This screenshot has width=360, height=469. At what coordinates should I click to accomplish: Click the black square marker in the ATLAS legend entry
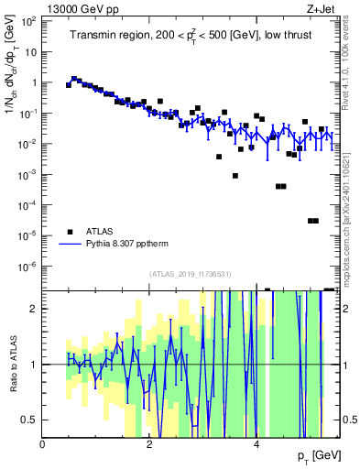coord(69,232)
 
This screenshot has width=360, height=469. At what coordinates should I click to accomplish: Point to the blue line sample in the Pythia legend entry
coord(69,245)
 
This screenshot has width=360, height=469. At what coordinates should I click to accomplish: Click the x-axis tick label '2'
coord(150,444)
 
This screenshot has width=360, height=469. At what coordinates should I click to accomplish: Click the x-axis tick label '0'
coord(43,444)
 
